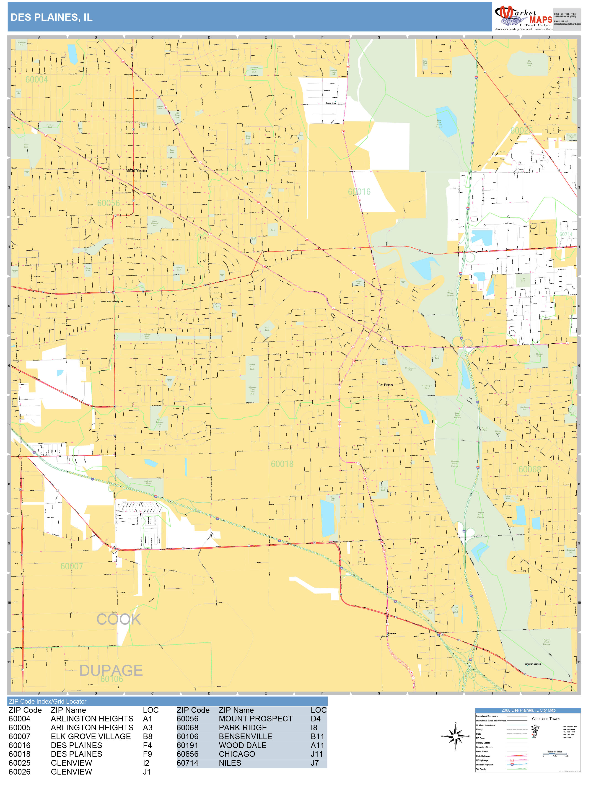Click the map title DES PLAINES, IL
tap(52, 17)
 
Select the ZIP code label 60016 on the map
tap(359, 192)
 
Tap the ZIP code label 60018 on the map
tap(282, 464)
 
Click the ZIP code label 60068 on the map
tap(529, 469)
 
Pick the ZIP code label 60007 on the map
tap(72, 566)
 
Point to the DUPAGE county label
tap(111, 670)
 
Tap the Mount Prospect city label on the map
tap(136, 171)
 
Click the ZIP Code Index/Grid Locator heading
tap(48, 701)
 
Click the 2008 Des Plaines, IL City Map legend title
tap(528, 710)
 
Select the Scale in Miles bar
tap(555, 753)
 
